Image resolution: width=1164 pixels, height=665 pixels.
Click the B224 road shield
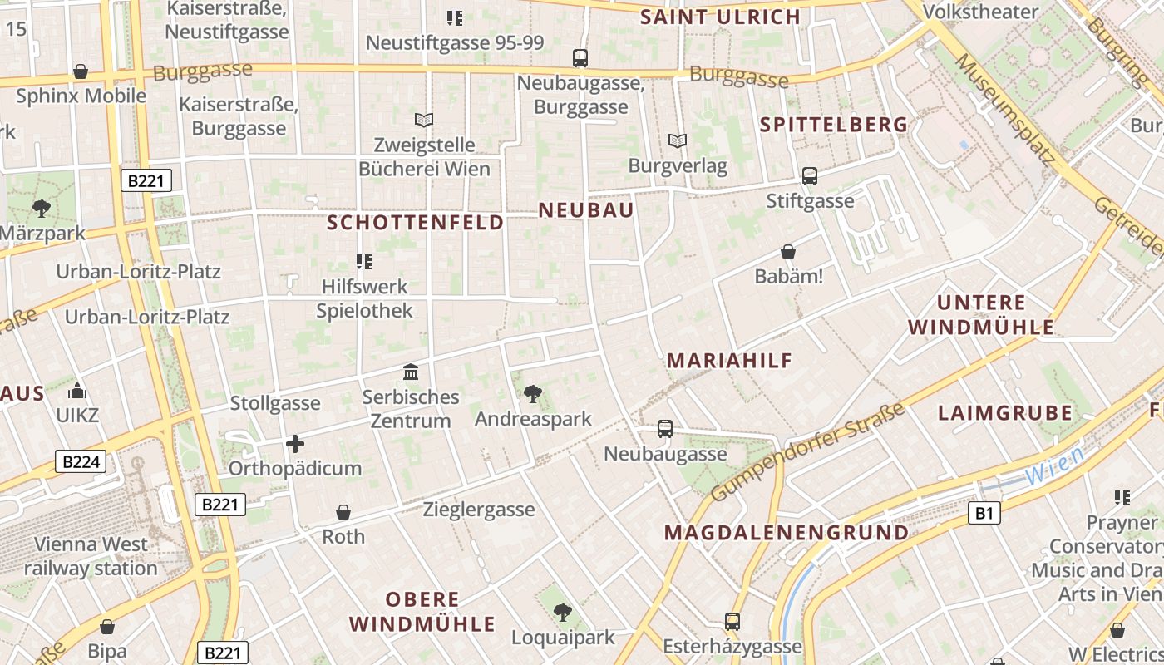[x=81, y=461]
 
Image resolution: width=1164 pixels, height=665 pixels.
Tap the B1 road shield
[x=984, y=514]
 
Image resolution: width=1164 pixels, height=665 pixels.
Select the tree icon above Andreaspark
[x=533, y=393]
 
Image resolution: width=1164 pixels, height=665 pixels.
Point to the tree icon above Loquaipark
[x=563, y=613]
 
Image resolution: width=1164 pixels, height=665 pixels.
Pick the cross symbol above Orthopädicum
[x=294, y=444]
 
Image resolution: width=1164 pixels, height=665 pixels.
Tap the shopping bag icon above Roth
[x=343, y=512]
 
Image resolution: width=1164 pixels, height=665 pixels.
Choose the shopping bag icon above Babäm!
[x=788, y=252]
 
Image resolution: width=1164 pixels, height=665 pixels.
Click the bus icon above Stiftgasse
[x=810, y=176]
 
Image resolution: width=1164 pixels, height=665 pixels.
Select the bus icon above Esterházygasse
[x=732, y=622]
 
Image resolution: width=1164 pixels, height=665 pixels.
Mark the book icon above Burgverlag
[x=678, y=141]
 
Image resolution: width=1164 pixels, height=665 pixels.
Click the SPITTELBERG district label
[x=834, y=125]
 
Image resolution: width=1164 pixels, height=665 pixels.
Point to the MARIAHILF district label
[x=729, y=361]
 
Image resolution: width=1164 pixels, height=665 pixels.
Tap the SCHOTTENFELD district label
[x=416, y=223]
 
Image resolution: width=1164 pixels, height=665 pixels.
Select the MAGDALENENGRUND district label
[x=787, y=532]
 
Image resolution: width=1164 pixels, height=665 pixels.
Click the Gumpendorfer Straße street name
[x=807, y=453]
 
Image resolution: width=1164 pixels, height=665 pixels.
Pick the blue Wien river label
[x=1054, y=466]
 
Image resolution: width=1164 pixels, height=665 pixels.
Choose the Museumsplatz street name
[x=1007, y=107]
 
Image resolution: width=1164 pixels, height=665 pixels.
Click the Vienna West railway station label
[x=91, y=557]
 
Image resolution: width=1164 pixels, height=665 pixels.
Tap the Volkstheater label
[x=981, y=12]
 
